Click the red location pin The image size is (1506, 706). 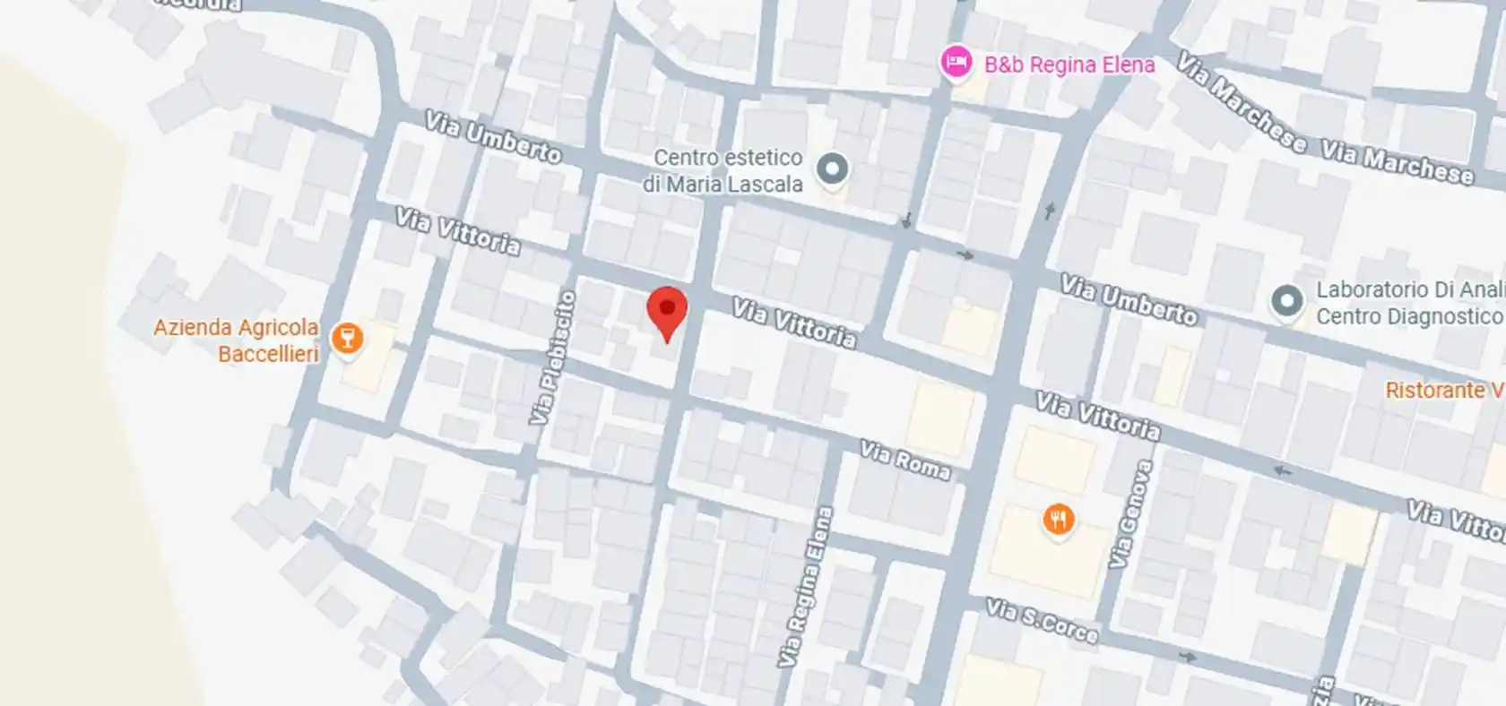pos(667,311)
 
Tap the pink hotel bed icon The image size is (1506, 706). pos(956,64)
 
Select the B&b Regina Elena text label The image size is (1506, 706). pos(1069,65)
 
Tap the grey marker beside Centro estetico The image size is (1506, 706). pos(833,168)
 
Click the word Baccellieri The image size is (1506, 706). pos(268,354)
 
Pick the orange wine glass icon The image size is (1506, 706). pos(346,339)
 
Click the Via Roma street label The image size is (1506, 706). pos(904,460)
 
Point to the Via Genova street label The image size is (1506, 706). pos(1130,514)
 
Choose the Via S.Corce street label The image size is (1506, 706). pos(1042,621)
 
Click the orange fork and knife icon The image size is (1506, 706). pos(1059,519)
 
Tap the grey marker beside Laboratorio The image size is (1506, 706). pos(1287,301)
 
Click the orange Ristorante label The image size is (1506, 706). pos(1443,391)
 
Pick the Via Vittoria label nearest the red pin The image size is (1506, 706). pos(793,323)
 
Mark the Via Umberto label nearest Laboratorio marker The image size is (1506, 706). pos(1128,300)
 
